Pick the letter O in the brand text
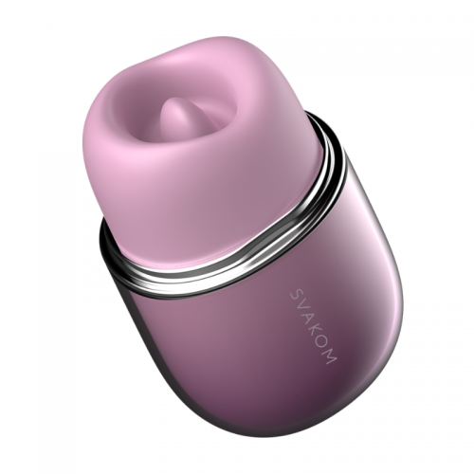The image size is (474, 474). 324,345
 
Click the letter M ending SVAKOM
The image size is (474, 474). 332,358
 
